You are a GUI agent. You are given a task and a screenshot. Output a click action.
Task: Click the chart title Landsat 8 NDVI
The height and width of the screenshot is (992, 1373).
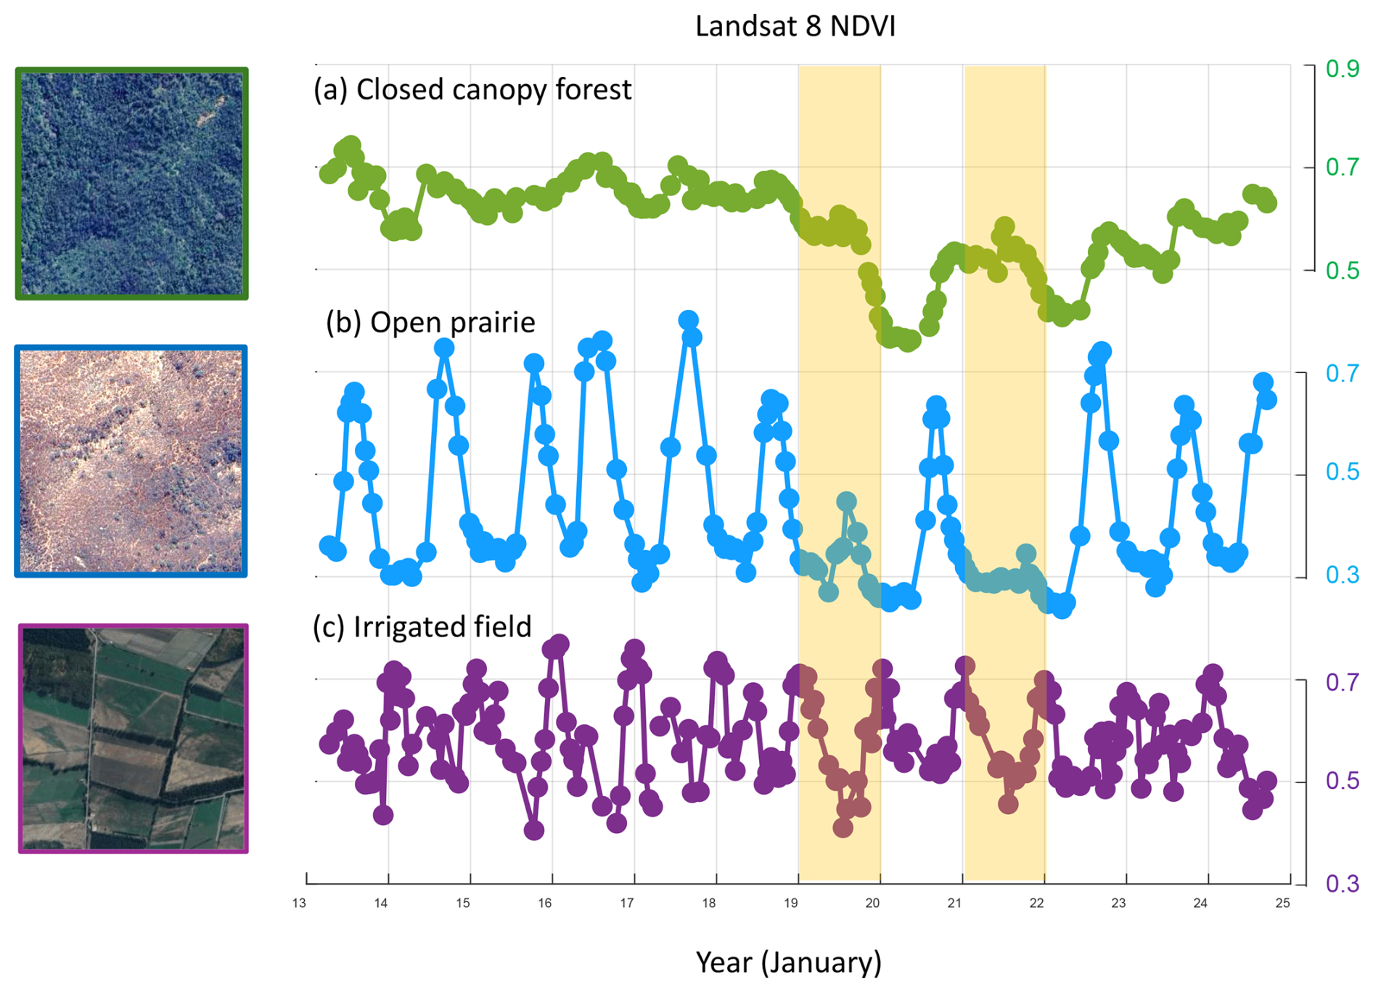point(795,26)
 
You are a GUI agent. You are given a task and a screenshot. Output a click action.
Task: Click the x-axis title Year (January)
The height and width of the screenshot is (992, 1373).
point(788,962)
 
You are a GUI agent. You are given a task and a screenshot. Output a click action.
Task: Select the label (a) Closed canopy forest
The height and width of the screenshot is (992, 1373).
point(472,90)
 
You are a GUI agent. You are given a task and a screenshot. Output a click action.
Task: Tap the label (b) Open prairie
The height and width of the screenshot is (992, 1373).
point(430,322)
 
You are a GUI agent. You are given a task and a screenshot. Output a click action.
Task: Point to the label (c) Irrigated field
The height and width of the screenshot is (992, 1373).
point(422,627)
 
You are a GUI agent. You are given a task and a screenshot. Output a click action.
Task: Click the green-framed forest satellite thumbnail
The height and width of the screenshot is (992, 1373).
point(132,184)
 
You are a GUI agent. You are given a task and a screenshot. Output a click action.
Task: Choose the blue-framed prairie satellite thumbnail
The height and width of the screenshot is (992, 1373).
point(131,462)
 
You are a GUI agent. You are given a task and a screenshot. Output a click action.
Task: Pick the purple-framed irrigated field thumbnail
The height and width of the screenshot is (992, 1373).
point(133,738)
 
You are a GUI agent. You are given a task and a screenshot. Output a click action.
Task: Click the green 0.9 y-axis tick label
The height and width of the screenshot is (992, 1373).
point(1342,69)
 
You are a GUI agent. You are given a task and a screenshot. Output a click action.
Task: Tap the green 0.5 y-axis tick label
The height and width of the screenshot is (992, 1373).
point(1342,271)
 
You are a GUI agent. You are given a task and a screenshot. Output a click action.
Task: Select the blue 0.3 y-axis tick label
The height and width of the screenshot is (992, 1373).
point(1342,575)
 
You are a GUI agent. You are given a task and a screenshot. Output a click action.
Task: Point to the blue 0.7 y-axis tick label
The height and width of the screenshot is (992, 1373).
point(1342,374)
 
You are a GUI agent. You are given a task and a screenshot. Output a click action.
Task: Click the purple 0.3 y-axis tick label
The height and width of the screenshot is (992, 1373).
point(1342,884)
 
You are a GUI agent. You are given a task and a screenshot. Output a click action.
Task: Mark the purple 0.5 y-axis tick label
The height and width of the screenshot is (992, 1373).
point(1342,781)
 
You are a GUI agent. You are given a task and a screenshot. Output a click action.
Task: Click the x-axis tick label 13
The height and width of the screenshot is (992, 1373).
point(299,903)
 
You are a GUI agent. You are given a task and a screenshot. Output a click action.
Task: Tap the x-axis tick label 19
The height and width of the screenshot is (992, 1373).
point(791,903)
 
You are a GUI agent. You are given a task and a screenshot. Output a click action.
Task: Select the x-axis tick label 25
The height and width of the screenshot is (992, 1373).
point(1283,903)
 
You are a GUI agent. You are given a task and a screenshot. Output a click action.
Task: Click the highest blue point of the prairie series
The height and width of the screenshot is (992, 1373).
point(689,320)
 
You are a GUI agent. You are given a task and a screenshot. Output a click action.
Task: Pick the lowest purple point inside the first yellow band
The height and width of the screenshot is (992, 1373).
point(843,827)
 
